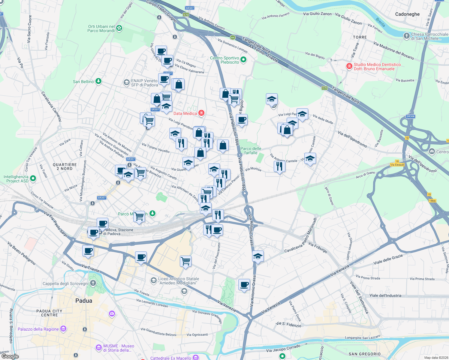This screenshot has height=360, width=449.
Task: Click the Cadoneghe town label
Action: click(407, 14)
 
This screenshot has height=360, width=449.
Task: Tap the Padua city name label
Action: click(84, 301)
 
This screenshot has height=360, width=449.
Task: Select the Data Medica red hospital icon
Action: click(202, 113)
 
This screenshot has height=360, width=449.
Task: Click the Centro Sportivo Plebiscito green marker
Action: click(243, 60)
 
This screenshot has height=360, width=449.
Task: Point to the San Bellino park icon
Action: click(98, 81)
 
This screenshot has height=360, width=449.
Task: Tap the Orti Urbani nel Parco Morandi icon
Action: click(119, 28)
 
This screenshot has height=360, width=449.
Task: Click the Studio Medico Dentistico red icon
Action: click(349, 66)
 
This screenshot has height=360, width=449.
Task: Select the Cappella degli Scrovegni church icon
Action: click(93, 283)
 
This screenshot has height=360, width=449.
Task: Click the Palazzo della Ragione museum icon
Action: click(63, 329)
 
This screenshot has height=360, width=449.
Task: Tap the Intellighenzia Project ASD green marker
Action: click(33, 179)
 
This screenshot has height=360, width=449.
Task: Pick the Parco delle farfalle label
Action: click(251, 151)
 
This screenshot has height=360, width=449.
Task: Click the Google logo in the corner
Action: click(10, 356)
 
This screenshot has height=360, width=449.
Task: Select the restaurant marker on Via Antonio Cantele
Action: click(279, 166)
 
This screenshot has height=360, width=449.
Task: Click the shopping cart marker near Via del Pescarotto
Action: click(186, 261)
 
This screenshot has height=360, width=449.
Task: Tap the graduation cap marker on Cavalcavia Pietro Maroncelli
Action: click(258, 256)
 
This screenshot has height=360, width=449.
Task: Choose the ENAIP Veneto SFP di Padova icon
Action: click(127, 82)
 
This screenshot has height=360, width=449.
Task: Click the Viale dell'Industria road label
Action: click(385, 295)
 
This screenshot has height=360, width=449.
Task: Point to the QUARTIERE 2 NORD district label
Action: click(65, 166)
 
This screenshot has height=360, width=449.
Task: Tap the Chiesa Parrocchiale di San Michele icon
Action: click(406, 36)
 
